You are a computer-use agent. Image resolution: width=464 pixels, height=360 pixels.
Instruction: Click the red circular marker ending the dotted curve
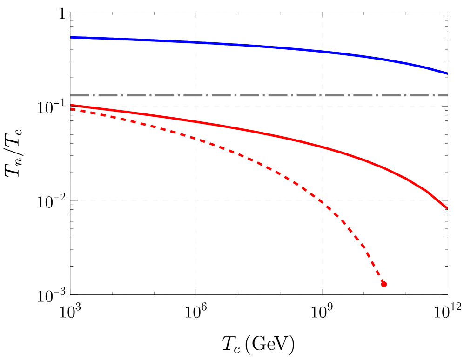[x=383, y=284]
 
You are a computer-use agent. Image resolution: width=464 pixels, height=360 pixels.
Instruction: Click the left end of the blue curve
[x=71, y=37]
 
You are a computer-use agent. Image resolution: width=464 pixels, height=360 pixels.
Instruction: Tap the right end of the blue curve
[x=447, y=73]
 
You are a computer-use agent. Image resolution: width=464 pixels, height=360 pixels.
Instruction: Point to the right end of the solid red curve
[x=447, y=208]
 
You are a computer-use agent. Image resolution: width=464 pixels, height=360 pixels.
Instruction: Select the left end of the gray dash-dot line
[x=71, y=96]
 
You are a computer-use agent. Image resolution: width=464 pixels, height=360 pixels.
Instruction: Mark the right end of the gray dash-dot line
[x=447, y=96]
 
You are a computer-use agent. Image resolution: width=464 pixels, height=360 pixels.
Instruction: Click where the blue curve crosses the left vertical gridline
[x=196, y=42]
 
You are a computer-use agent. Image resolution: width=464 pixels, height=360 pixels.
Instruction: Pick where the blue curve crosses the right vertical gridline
[x=322, y=51]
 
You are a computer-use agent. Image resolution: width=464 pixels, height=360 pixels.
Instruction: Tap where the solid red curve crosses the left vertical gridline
[x=196, y=122]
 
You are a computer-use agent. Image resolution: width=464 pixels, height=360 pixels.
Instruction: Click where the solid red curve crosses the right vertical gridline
[x=322, y=147]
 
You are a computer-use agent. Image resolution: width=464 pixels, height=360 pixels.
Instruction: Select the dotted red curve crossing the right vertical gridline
[x=322, y=201]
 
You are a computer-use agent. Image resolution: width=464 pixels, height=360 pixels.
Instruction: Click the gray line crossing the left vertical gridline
[x=196, y=96]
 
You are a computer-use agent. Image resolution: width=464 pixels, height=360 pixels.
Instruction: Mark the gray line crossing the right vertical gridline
[x=322, y=96]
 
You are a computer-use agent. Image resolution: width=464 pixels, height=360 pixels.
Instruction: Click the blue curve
[x=256, y=46]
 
